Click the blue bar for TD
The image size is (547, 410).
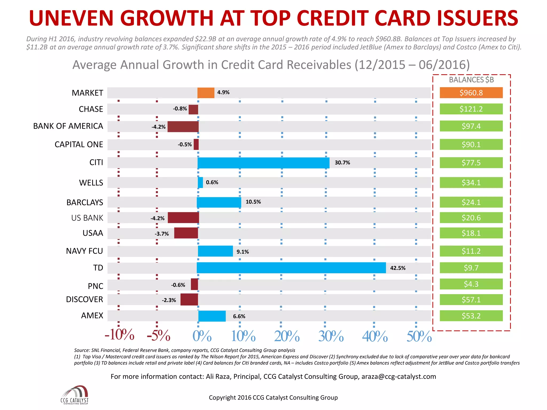point(291,268)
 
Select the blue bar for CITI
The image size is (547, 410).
point(263,163)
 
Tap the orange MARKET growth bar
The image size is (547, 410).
point(206,93)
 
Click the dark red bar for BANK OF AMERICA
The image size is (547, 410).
point(183,127)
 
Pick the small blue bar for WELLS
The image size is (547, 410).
point(200,183)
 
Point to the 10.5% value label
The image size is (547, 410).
point(253,202)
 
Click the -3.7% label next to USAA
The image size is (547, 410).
point(162,234)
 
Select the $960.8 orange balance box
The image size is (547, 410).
point(471,93)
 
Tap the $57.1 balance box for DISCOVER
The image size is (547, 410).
point(471,299)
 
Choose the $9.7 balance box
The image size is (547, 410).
point(471,268)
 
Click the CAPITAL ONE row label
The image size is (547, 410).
point(79,144)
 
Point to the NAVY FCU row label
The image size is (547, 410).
point(84,251)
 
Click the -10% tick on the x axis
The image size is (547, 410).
point(119,335)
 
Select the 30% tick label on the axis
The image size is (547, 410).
point(331,336)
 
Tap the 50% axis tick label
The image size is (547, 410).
point(419,336)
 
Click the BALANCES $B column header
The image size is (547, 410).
point(471,80)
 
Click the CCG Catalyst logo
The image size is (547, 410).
point(75,395)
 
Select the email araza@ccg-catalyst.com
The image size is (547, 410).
point(398,376)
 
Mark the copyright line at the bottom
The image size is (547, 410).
point(273,397)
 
